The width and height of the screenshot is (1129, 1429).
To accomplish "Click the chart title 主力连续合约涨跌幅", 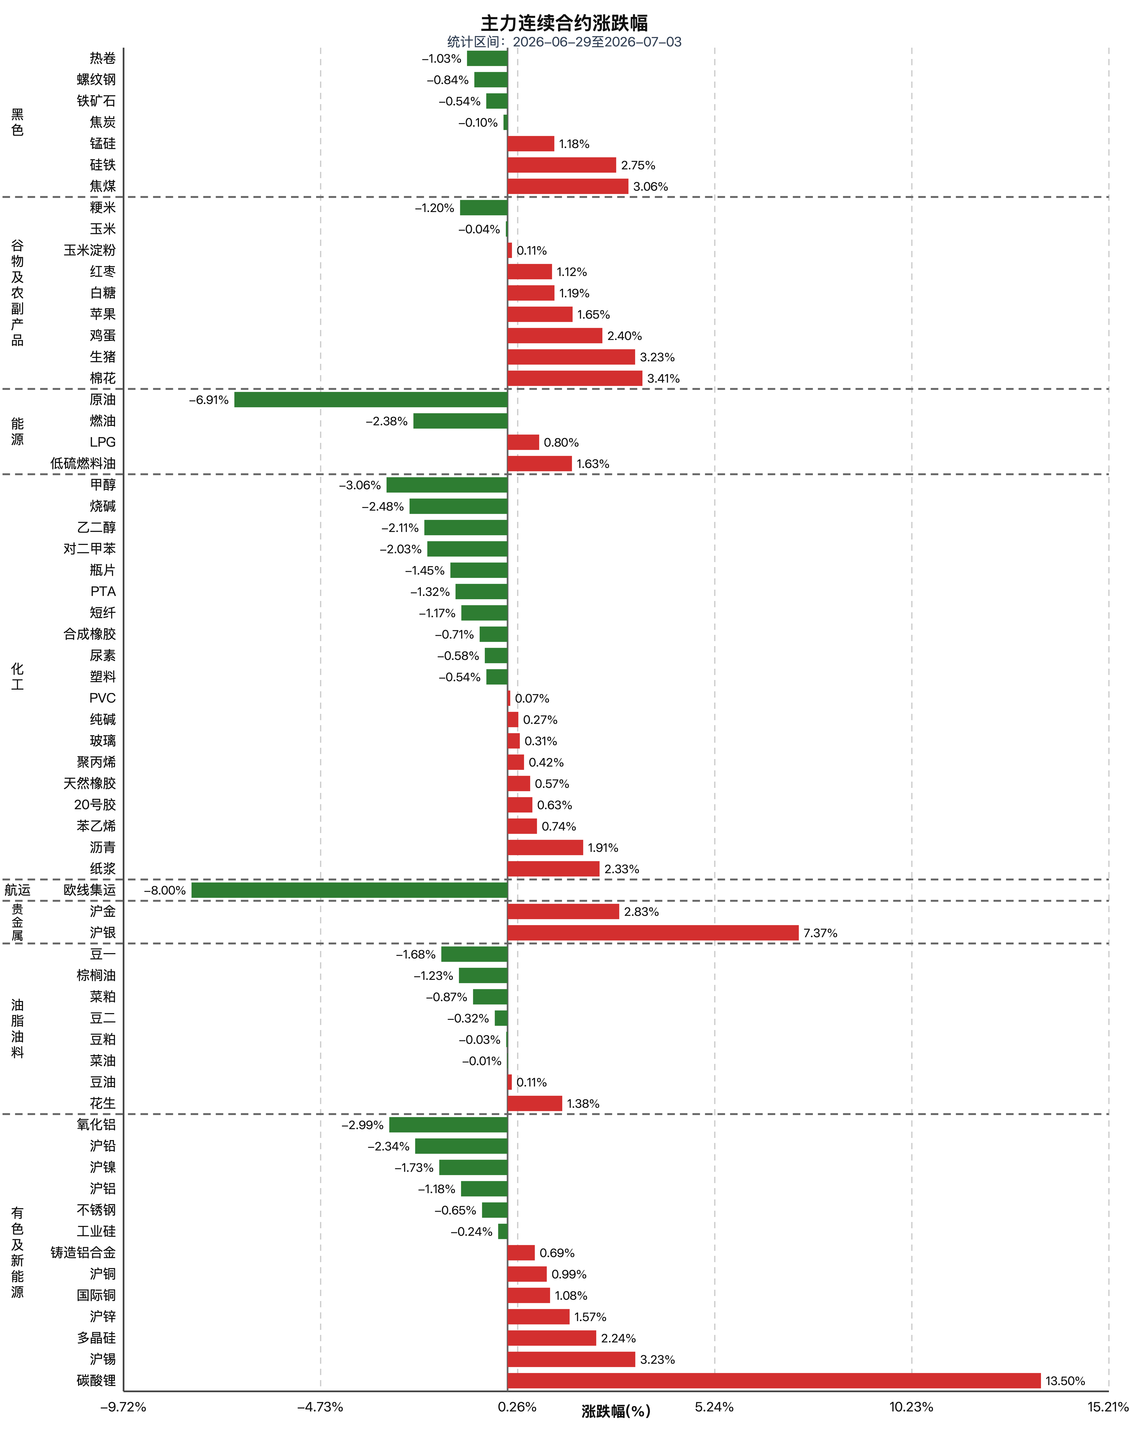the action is coord(564,23).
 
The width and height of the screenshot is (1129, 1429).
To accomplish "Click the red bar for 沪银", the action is coord(653,933).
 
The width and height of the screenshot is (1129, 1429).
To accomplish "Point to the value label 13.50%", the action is coord(1065,1381).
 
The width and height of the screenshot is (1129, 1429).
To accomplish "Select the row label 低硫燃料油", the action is coord(83,463).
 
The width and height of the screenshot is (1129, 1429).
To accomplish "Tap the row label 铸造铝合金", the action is coord(83,1253).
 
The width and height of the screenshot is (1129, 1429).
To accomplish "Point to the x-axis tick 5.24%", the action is coord(714,1407).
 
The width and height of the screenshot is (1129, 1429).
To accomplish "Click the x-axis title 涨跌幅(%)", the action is coord(616,1411).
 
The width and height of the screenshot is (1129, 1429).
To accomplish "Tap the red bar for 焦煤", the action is coord(568,186).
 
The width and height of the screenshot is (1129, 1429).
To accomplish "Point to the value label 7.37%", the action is coord(820,933).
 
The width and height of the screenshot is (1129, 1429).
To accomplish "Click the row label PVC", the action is coord(102,698).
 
